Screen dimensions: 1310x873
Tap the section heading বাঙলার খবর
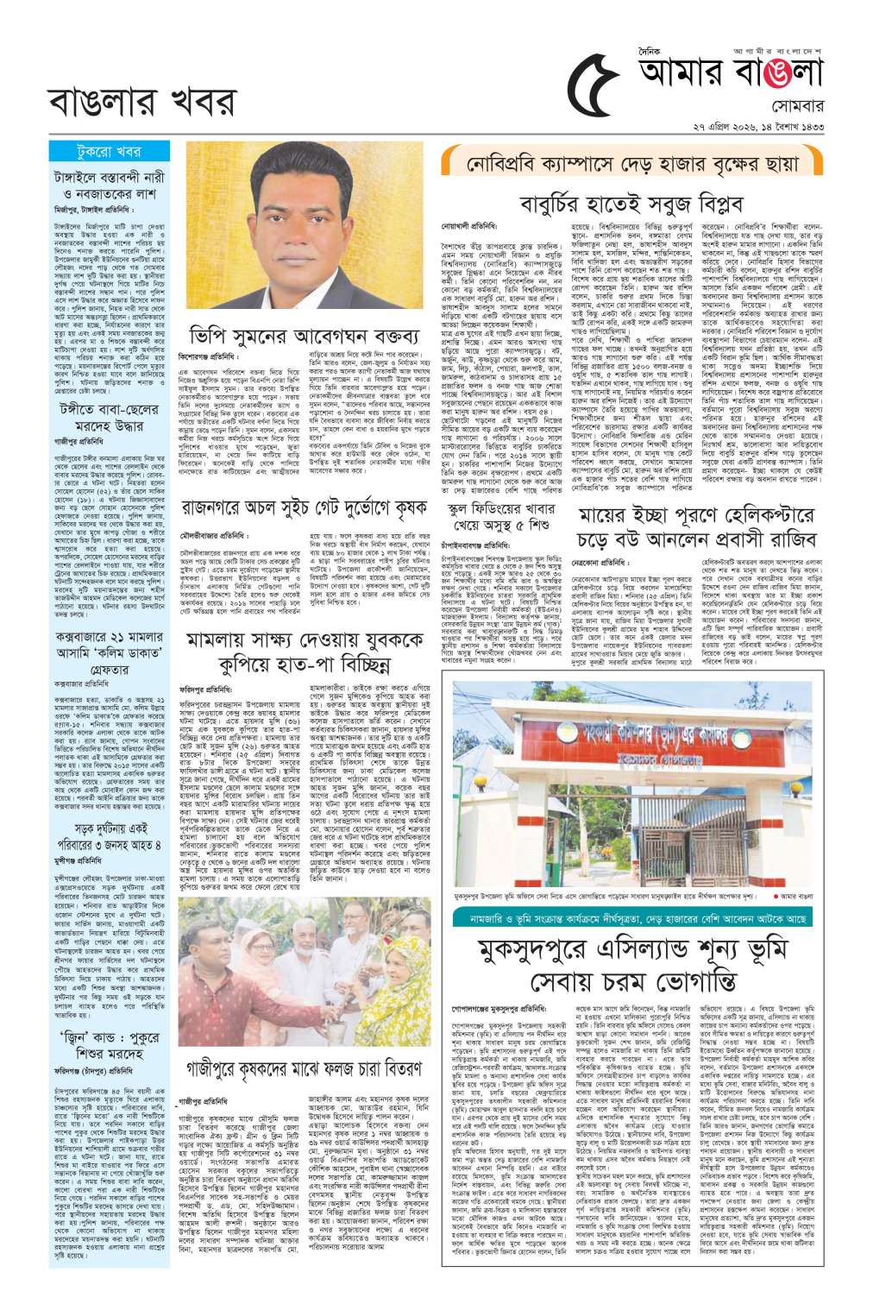(142, 102)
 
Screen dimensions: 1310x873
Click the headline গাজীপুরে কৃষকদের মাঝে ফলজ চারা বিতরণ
(304, 1068)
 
